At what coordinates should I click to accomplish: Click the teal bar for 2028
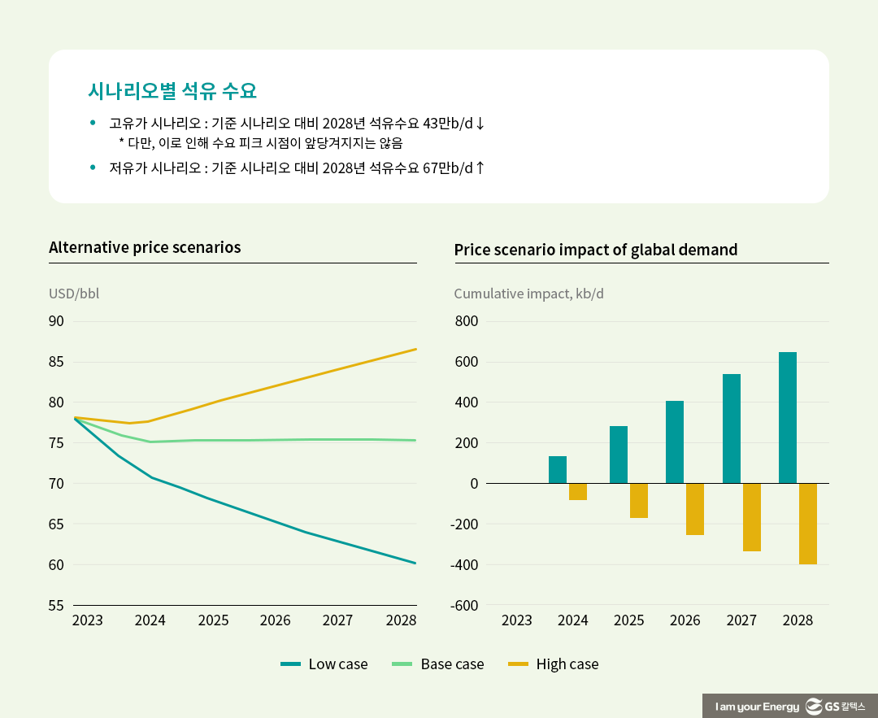(x=787, y=418)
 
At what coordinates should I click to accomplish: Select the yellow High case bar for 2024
(x=578, y=492)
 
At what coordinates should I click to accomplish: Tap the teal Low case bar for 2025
(x=619, y=455)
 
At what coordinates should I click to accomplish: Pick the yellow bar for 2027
(x=752, y=517)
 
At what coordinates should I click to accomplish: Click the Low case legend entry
(x=324, y=664)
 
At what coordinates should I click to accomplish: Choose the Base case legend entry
(x=437, y=664)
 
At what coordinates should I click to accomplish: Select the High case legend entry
(x=553, y=664)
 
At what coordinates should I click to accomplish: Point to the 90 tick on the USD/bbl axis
(x=57, y=321)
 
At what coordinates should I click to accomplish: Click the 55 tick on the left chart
(x=57, y=606)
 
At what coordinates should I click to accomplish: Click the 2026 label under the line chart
(x=275, y=621)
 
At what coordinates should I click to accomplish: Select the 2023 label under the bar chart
(x=517, y=621)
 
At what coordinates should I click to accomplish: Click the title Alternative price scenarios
(x=145, y=247)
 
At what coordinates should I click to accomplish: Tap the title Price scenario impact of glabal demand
(x=595, y=250)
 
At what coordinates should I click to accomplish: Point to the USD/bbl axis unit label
(x=74, y=294)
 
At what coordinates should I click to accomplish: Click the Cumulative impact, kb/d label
(x=528, y=294)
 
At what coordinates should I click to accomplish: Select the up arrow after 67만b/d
(x=480, y=168)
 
